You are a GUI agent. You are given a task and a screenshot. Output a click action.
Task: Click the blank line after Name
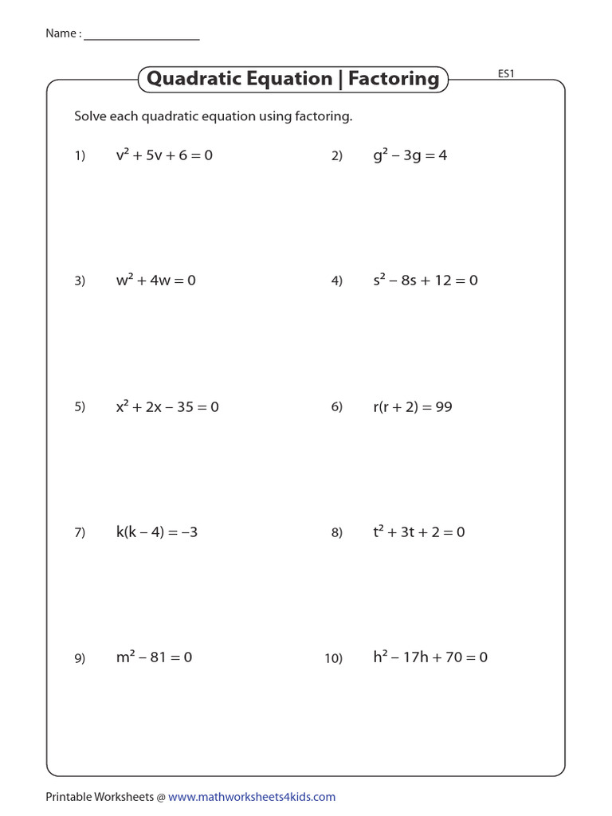(141, 37)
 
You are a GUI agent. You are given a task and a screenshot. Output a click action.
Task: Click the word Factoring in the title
(394, 79)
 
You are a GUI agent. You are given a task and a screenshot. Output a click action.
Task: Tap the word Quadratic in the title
(194, 79)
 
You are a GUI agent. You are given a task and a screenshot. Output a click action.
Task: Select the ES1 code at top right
(507, 74)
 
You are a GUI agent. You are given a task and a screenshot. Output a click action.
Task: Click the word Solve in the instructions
(91, 116)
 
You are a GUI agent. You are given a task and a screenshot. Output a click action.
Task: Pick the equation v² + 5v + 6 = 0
(164, 155)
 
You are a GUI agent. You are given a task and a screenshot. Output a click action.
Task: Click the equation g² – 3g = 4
(410, 155)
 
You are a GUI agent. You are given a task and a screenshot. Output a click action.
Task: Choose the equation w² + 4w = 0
(155, 280)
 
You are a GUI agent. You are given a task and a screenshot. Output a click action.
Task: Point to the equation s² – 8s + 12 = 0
(425, 280)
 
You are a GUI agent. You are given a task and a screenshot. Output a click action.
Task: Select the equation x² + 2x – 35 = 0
(167, 407)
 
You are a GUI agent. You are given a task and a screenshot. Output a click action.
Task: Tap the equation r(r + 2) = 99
(412, 407)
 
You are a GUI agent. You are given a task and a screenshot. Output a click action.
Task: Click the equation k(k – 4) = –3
(156, 532)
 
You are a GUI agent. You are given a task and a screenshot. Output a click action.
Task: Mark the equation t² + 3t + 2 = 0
(418, 532)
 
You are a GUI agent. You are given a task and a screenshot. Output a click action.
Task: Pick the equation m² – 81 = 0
(154, 657)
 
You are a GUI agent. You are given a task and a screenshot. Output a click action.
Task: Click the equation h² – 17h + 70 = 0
(430, 657)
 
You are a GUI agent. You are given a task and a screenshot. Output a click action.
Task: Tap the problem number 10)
(333, 658)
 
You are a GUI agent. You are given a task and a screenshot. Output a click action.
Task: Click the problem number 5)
(80, 407)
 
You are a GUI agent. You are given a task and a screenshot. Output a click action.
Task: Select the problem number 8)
(336, 533)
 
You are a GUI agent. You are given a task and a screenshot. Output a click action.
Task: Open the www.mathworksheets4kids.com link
(252, 797)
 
